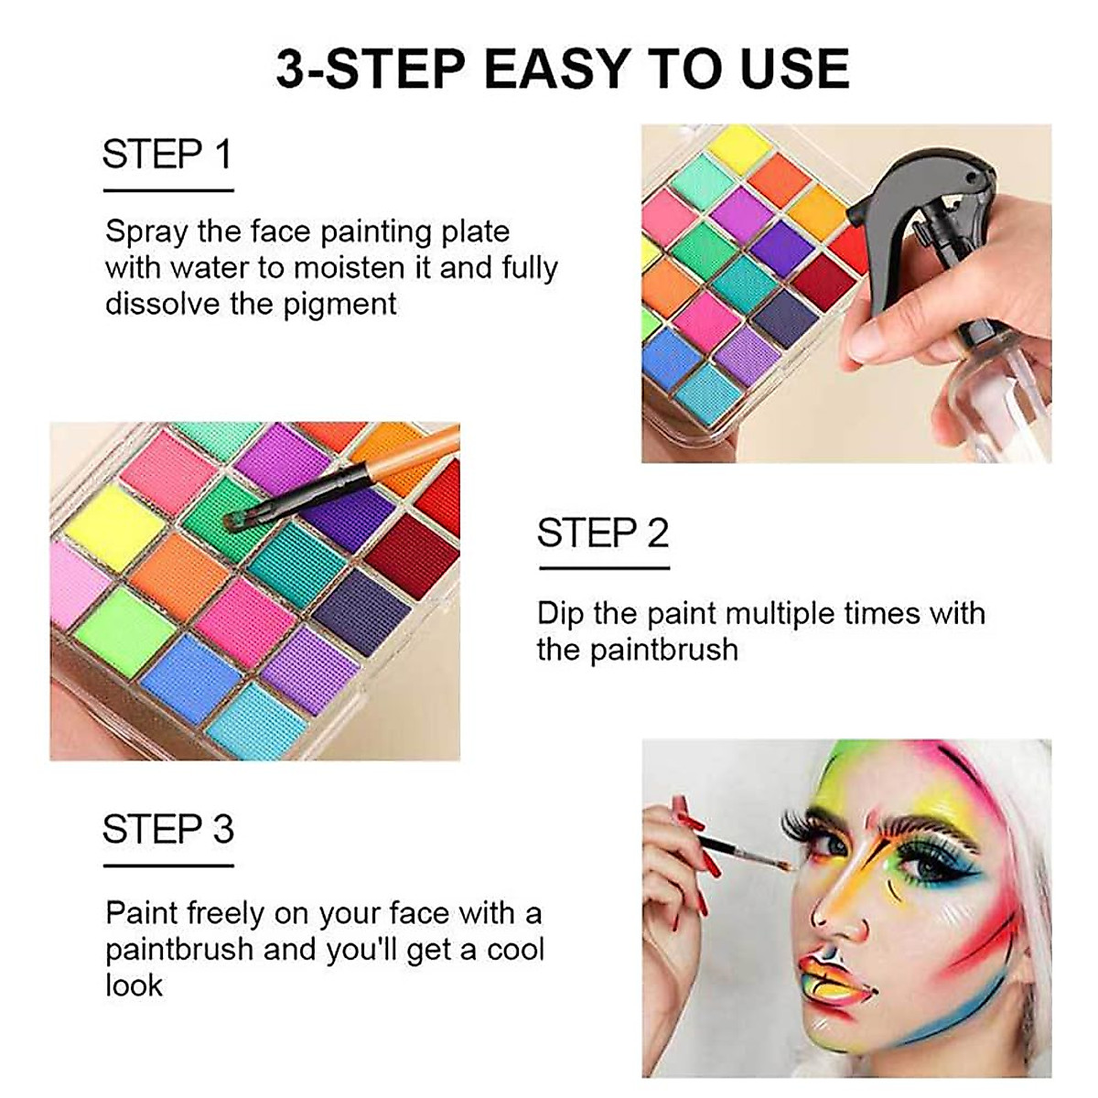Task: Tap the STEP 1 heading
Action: (167, 155)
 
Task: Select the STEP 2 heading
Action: (603, 533)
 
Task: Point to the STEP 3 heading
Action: (168, 829)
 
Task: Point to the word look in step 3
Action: (134, 985)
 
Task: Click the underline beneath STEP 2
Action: (604, 568)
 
